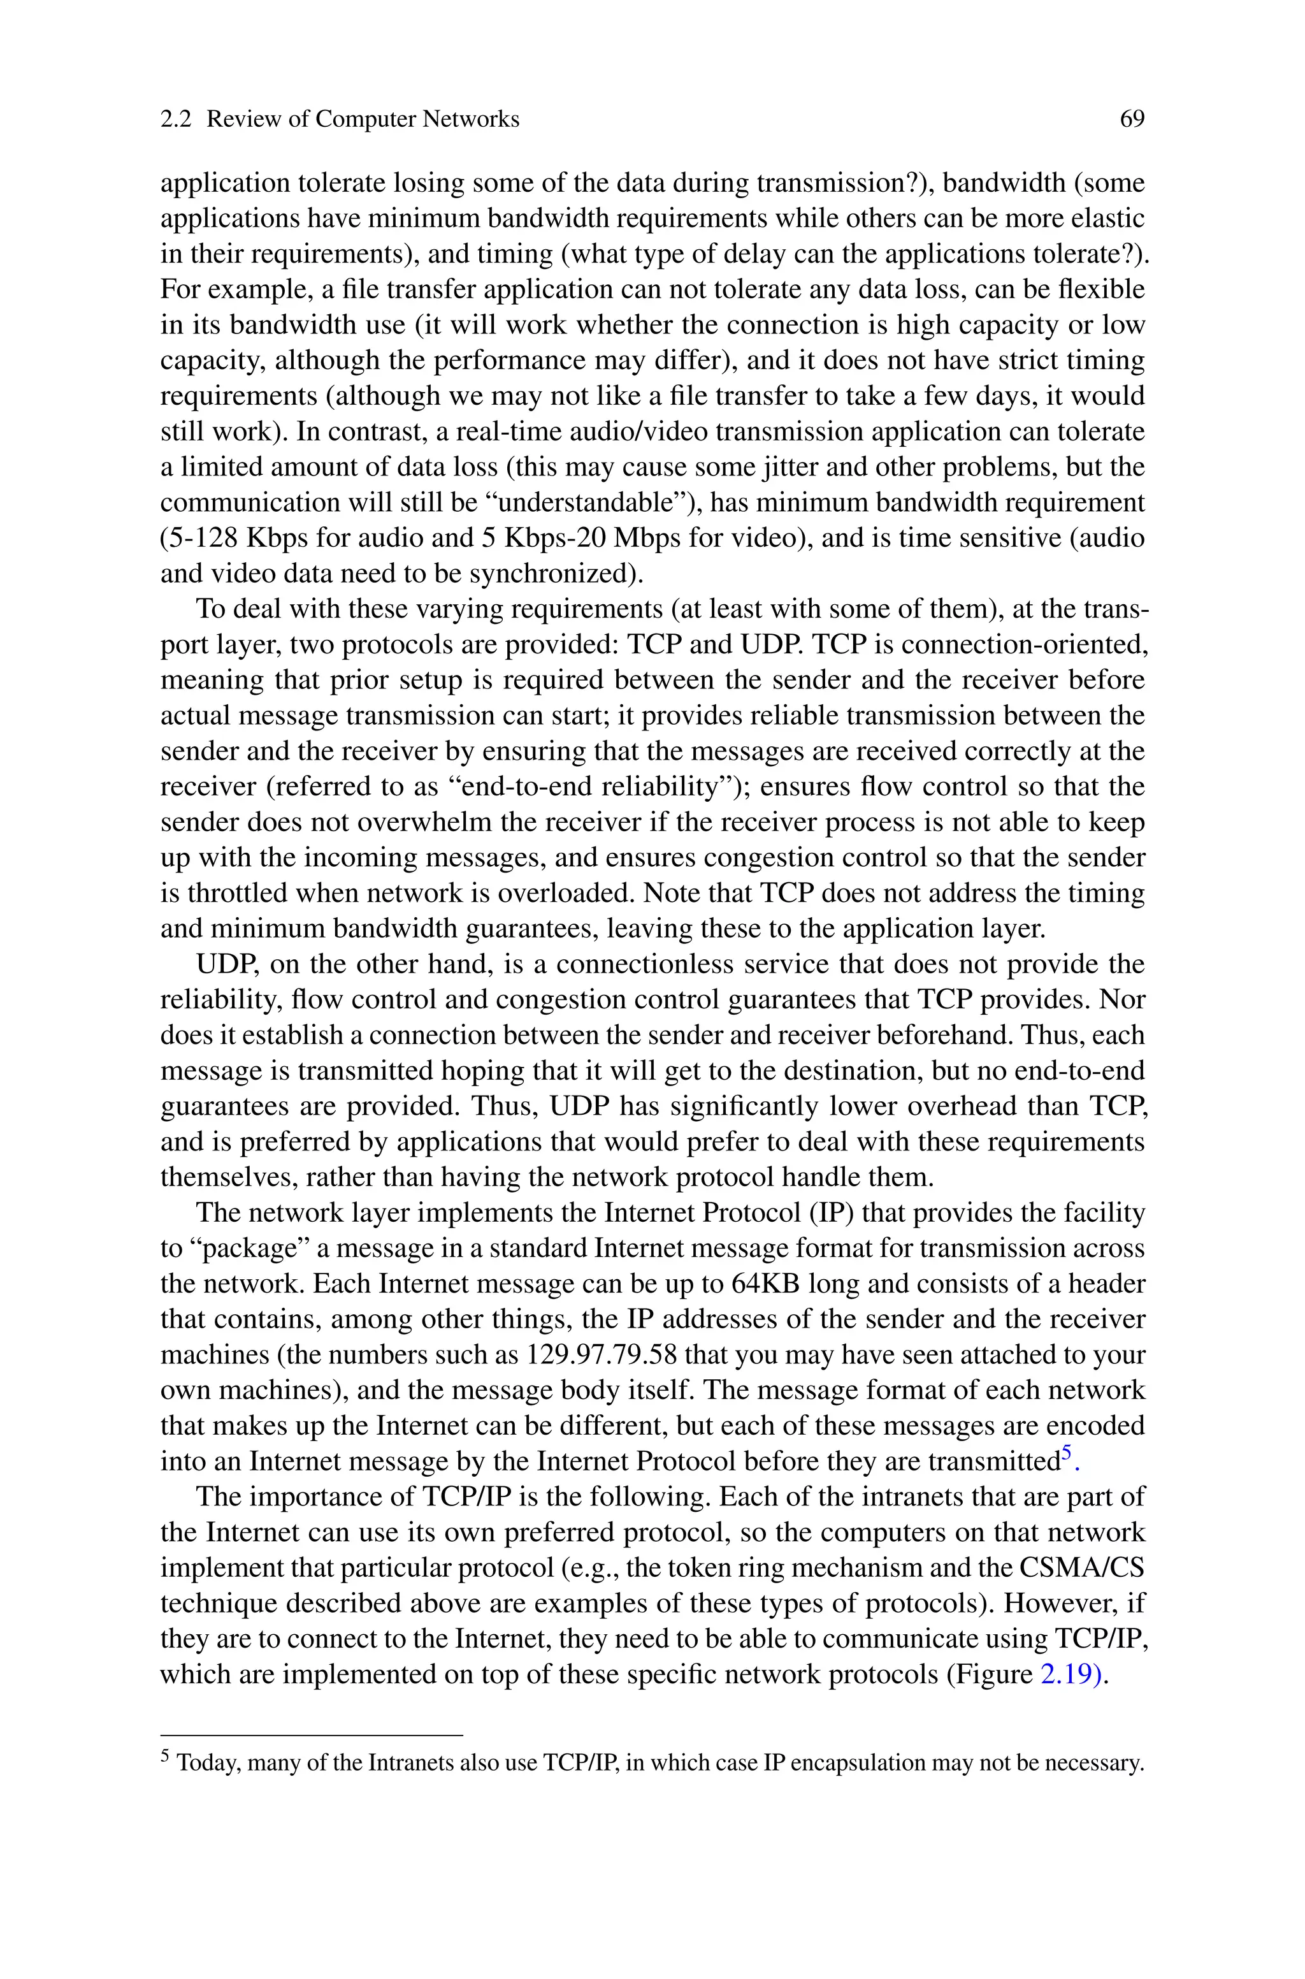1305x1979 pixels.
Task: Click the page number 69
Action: (x=1132, y=120)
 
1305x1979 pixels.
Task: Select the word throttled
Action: (x=253, y=894)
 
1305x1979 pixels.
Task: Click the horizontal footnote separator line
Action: (x=310, y=1735)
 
